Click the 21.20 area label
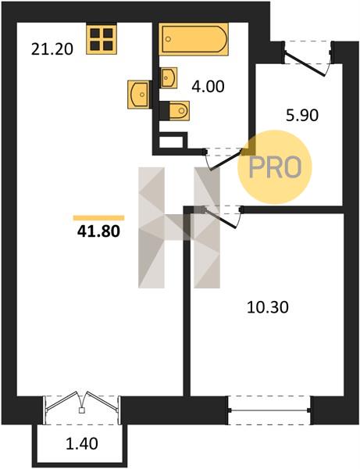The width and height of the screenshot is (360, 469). pyautogui.click(x=52, y=49)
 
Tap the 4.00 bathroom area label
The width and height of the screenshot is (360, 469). pyautogui.click(x=208, y=87)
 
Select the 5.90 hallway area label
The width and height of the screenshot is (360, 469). pyautogui.click(x=302, y=115)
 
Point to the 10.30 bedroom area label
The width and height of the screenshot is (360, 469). pyautogui.click(x=268, y=307)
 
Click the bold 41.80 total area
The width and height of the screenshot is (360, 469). pyautogui.click(x=98, y=231)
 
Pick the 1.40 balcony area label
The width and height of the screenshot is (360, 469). pyautogui.click(x=82, y=443)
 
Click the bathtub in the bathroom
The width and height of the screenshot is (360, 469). pyautogui.click(x=194, y=39)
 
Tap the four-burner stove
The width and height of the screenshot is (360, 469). pyautogui.click(x=102, y=39)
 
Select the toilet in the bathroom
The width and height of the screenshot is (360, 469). pyautogui.click(x=179, y=111)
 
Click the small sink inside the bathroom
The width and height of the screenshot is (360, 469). pyautogui.click(x=169, y=77)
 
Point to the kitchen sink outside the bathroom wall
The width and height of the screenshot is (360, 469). pyautogui.click(x=137, y=95)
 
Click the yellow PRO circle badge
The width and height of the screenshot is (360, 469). pyautogui.click(x=275, y=167)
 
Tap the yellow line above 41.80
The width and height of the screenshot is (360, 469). pyautogui.click(x=98, y=218)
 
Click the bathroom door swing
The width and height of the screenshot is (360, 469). pyautogui.click(x=223, y=159)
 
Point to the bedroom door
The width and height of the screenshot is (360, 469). pyautogui.click(x=223, y=217)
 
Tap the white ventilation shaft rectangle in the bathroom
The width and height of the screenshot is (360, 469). pyautogui.click(x=171, y=142)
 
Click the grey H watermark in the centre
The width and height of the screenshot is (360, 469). pyautogui.click(x=179, y=227)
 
